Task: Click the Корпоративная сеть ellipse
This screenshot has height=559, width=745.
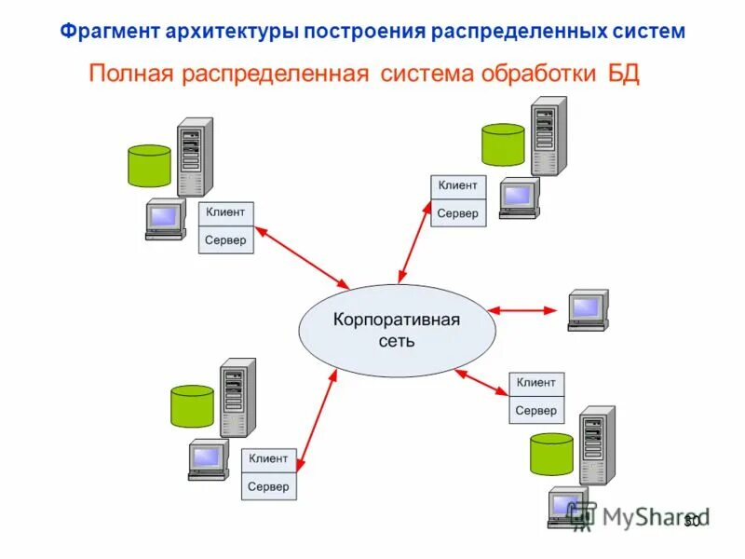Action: (397, 331)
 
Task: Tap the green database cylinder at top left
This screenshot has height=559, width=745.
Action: (150, 165)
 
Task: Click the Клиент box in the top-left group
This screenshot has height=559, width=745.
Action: (225, 212)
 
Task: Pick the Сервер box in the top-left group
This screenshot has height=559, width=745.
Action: (225, 240)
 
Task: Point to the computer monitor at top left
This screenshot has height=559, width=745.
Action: (164, 218)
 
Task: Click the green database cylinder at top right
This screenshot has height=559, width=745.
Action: (503, 143)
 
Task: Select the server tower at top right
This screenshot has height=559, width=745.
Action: (548, 136)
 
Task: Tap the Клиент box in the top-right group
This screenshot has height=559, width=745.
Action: (457, 185)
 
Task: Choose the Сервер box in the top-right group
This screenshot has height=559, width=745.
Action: (457, 213)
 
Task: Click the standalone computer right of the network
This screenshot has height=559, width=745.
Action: (588, 308)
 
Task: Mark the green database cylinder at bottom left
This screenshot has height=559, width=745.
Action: (193, 405)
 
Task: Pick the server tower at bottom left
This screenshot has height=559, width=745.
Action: (237, 397)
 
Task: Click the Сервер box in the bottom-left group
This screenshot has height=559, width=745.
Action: (268, 486)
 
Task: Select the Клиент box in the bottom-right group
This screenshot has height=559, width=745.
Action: (535, 383)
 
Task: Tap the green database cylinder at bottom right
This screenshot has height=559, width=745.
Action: (551, 454)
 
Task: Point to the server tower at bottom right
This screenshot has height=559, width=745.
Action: (596, 444)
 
